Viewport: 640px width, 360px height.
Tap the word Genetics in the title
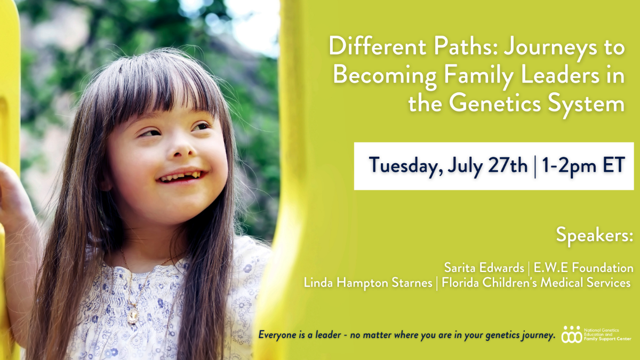tap(495, 103)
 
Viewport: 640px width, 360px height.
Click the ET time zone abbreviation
tap(614, 165)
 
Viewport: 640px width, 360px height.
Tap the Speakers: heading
tap(594, 235)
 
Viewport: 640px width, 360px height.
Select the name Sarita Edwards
tap(484, 268)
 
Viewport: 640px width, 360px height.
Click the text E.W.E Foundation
tap(583, 268)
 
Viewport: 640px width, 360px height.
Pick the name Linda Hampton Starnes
tap(368, 283)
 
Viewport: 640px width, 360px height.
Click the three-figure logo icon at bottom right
tap(571, 335)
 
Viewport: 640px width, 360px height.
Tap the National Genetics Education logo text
tap(607, 334)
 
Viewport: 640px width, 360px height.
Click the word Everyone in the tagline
tap(278, 335)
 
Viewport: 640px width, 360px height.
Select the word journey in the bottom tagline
tap(538, 335)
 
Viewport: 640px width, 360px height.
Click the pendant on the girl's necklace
tap(133, 316)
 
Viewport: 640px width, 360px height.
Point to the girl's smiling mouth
tap(182, 176)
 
